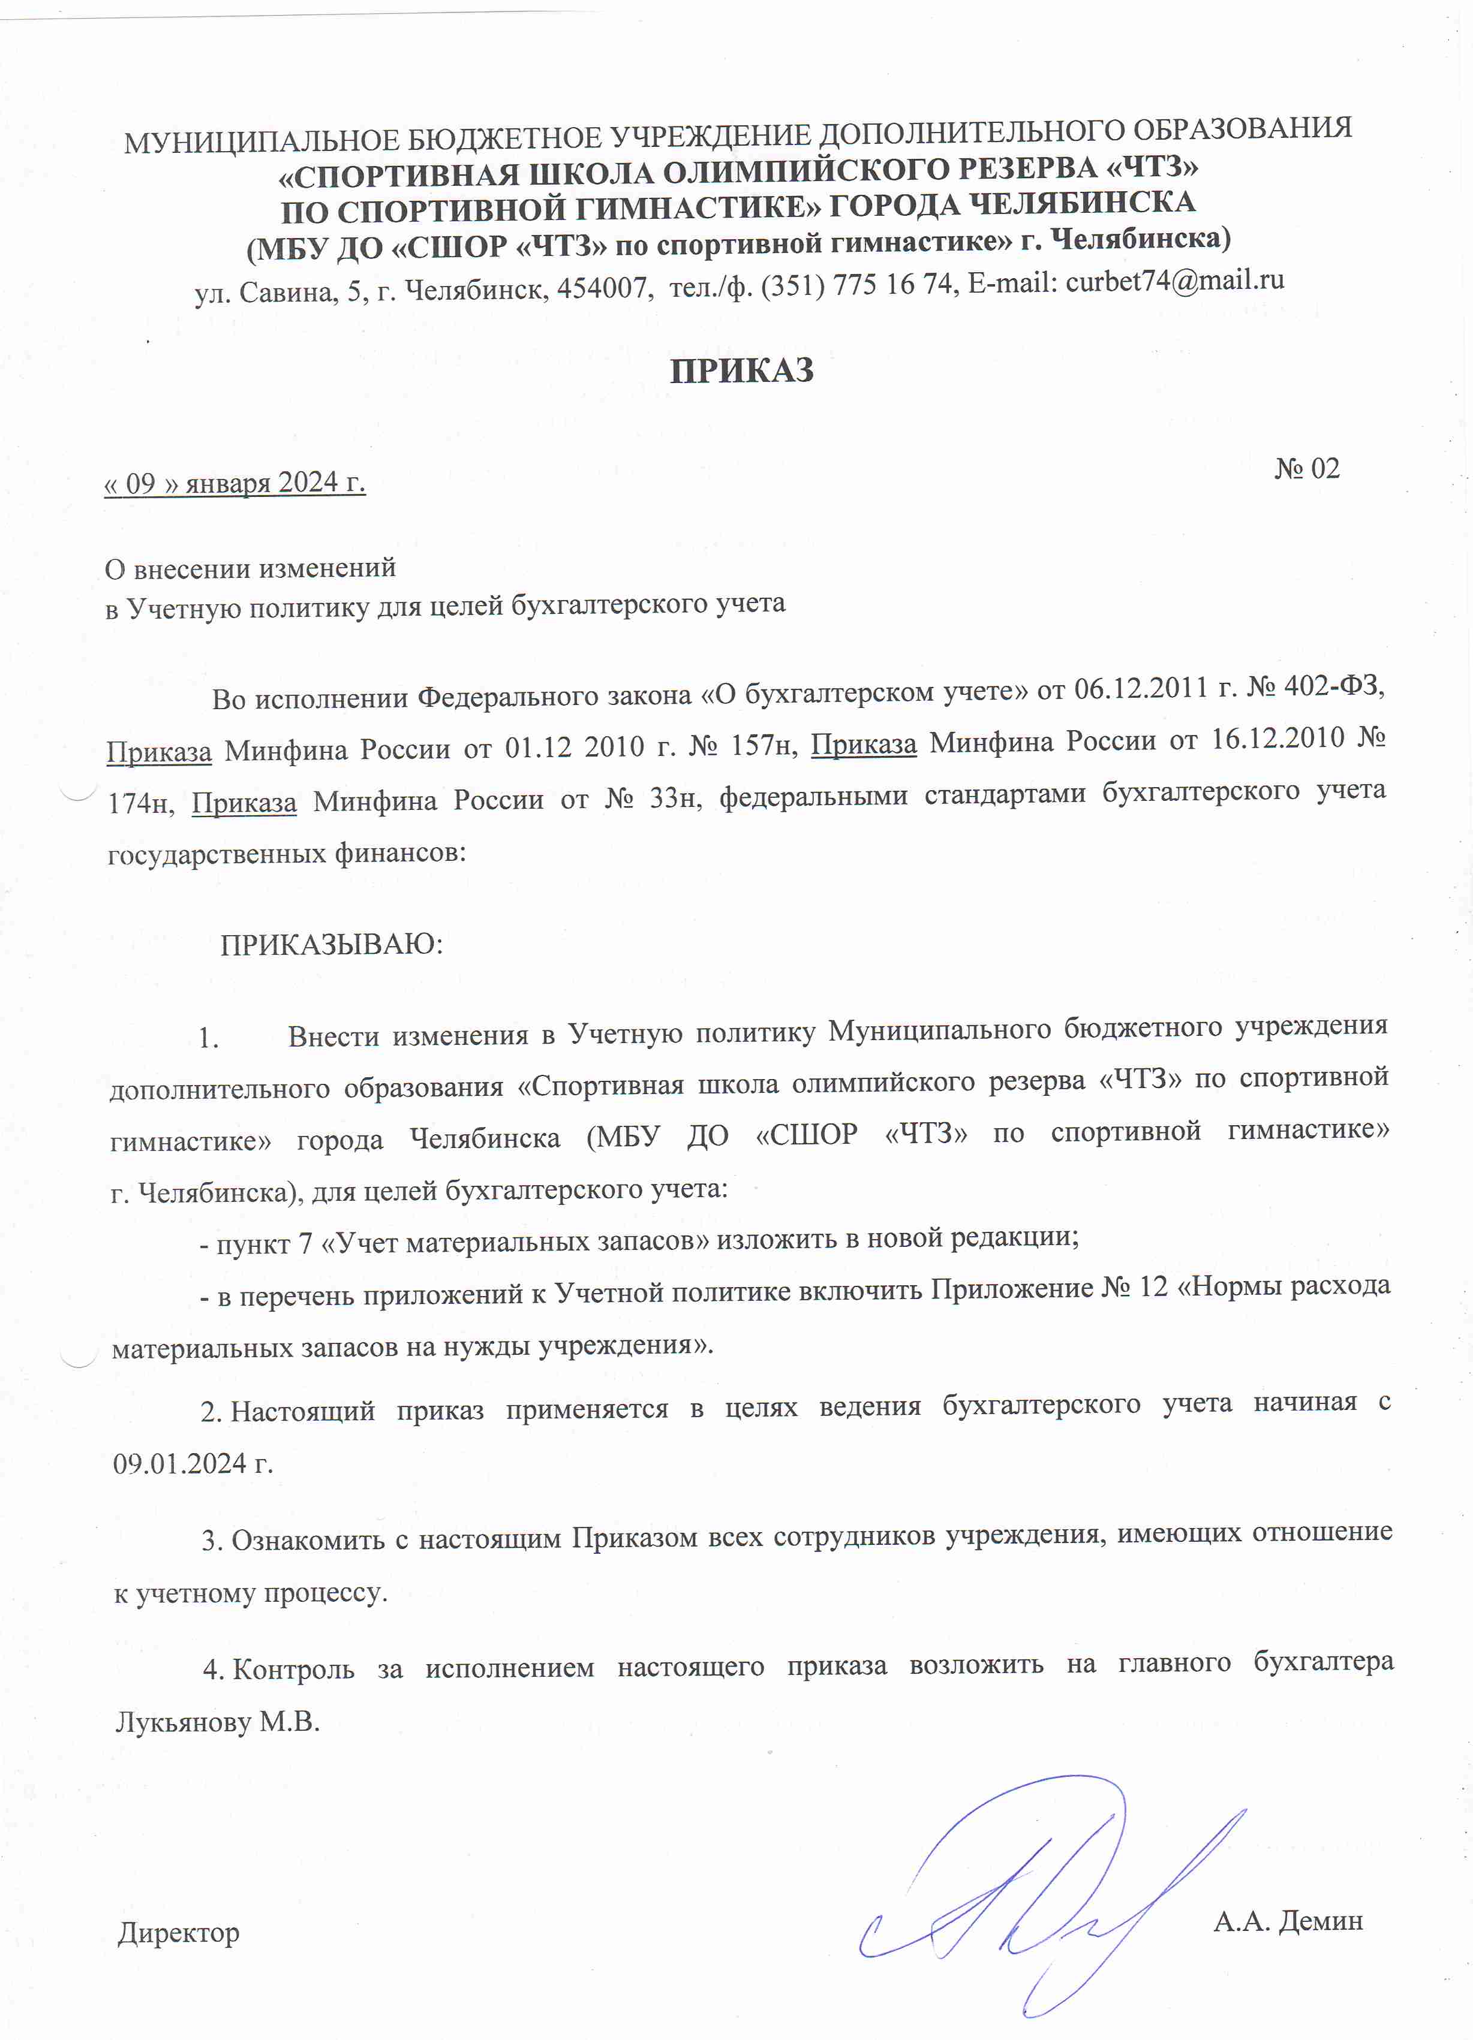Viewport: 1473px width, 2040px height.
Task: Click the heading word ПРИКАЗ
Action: (x=741, y=370)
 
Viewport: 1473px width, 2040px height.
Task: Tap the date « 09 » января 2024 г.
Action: (x=235, y=483)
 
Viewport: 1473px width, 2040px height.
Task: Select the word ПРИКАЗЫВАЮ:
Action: (x=331, y=944)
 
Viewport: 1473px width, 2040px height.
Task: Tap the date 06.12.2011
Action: (x=1140, y=689)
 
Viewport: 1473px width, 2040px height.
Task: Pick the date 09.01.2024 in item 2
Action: (x=180, y=1463)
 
